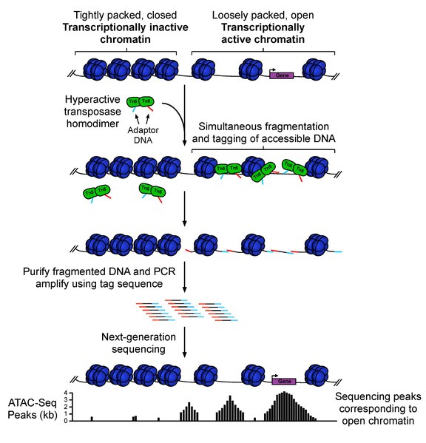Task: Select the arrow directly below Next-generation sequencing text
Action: tap(183, 356)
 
